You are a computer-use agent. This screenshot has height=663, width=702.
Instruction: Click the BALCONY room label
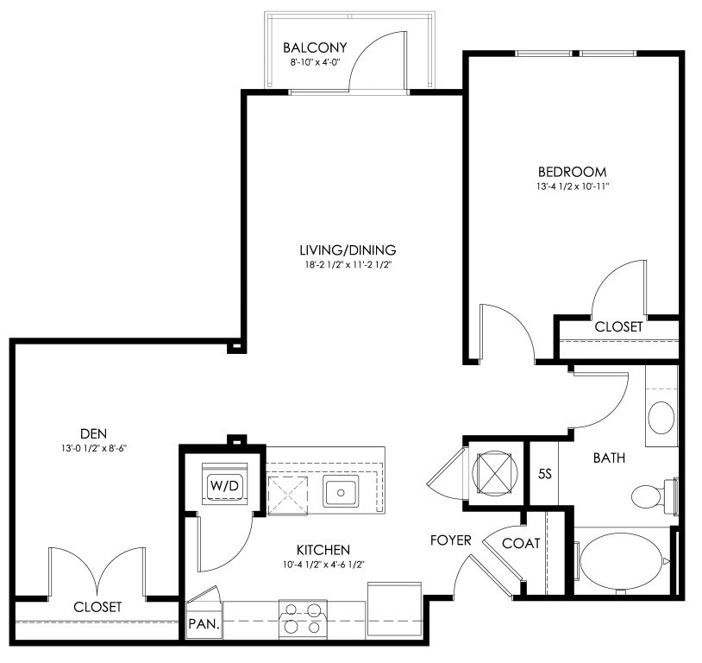coord(315,47)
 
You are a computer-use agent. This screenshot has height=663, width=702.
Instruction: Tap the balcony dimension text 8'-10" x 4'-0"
coord(315,63)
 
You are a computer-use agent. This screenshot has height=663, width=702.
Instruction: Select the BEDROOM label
coord(572,172)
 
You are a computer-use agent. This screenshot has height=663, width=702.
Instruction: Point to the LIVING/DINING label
coord(348,249)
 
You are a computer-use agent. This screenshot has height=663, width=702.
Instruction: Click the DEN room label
coord(93,434)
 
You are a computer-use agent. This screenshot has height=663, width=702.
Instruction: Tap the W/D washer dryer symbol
coord(225,484)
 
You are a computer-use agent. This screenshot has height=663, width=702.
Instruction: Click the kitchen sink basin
coord(341,492)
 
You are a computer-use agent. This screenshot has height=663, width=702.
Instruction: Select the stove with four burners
coord(303,619)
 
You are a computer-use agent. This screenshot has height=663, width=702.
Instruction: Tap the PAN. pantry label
coord(204,624)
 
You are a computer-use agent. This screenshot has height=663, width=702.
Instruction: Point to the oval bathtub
coord(623,564)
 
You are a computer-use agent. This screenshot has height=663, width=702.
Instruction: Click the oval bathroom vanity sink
coord(661,418)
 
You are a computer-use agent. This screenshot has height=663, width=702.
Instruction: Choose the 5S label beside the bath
coord(544,474)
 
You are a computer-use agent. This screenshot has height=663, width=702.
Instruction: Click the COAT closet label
coord(521,544)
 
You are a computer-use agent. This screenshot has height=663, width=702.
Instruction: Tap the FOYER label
coord(450,540)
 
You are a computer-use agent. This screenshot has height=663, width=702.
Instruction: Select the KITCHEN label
coord(323,550)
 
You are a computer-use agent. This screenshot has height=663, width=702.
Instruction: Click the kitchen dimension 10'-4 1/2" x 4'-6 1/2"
coord(323,565)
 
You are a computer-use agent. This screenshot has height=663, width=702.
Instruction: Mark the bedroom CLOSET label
coord(618,327)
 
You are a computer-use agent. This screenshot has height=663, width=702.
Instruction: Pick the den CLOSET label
coord(97,607)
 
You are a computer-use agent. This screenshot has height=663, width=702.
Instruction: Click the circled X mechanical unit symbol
coord(495,473)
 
